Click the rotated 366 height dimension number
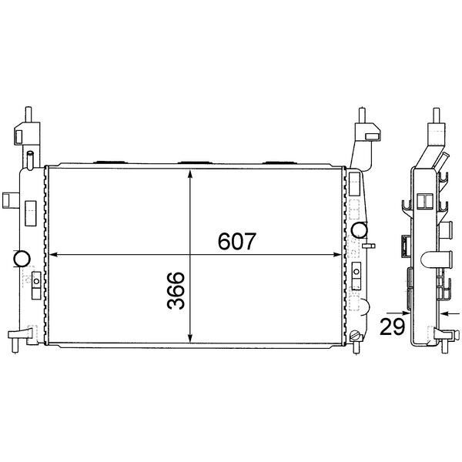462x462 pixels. tap(177, 290)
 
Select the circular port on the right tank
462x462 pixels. tap(358, 229)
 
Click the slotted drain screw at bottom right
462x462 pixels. tap(354, 336)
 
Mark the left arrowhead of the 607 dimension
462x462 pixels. tap(54, 255)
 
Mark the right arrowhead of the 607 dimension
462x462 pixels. tap(338, 255)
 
